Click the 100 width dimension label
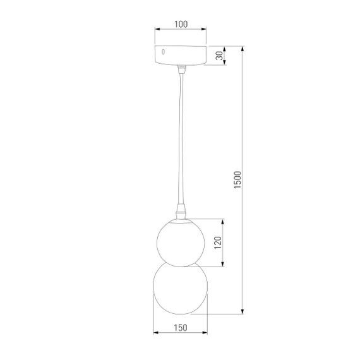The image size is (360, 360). [181, 25]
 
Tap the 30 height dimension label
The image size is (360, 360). [219, 56]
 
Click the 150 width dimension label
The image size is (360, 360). [181, 328]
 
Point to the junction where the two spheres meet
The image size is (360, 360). [181, 261]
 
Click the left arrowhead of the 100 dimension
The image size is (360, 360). [157, 30]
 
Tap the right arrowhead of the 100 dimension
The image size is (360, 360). [205, 30]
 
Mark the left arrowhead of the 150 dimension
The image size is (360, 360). [157, 333]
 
